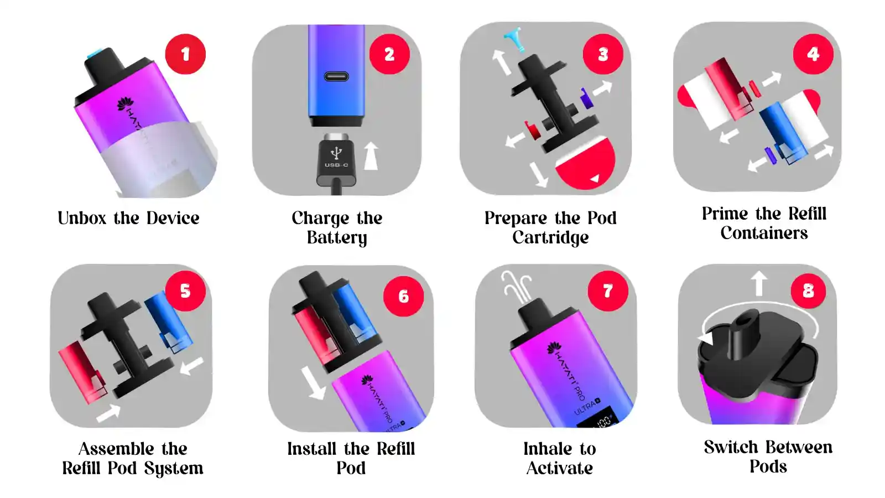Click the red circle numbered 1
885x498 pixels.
(185, 54)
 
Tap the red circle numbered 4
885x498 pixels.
(813, 54)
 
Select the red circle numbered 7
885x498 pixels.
(608, 291)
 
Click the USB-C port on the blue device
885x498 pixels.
(336, 76)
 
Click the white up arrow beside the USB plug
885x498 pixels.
(371, 157)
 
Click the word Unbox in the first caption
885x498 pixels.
(82, 218)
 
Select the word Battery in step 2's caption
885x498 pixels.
(337, 238)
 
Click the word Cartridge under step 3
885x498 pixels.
(550, 238)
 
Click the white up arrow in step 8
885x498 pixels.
(758, 283)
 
